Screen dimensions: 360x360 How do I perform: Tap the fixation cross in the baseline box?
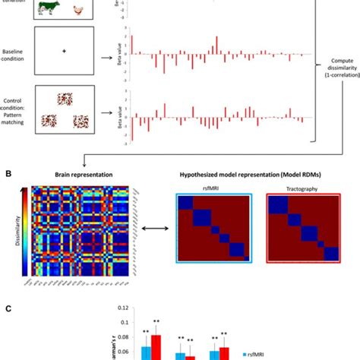click(x=64, y=52)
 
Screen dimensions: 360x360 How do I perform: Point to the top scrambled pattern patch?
click(x=64, y=100)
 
